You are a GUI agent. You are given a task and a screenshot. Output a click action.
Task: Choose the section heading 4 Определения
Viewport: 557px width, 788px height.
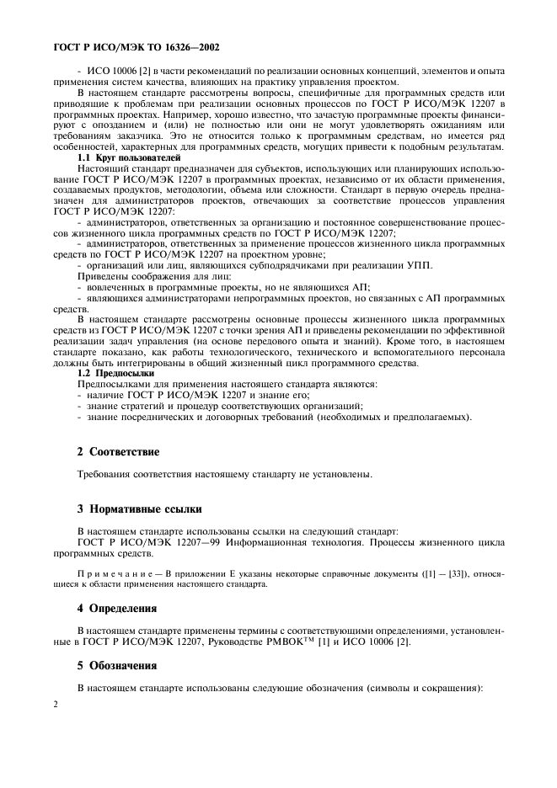click(119, 607)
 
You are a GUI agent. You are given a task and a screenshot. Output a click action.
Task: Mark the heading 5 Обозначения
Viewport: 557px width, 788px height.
click(119, 665)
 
